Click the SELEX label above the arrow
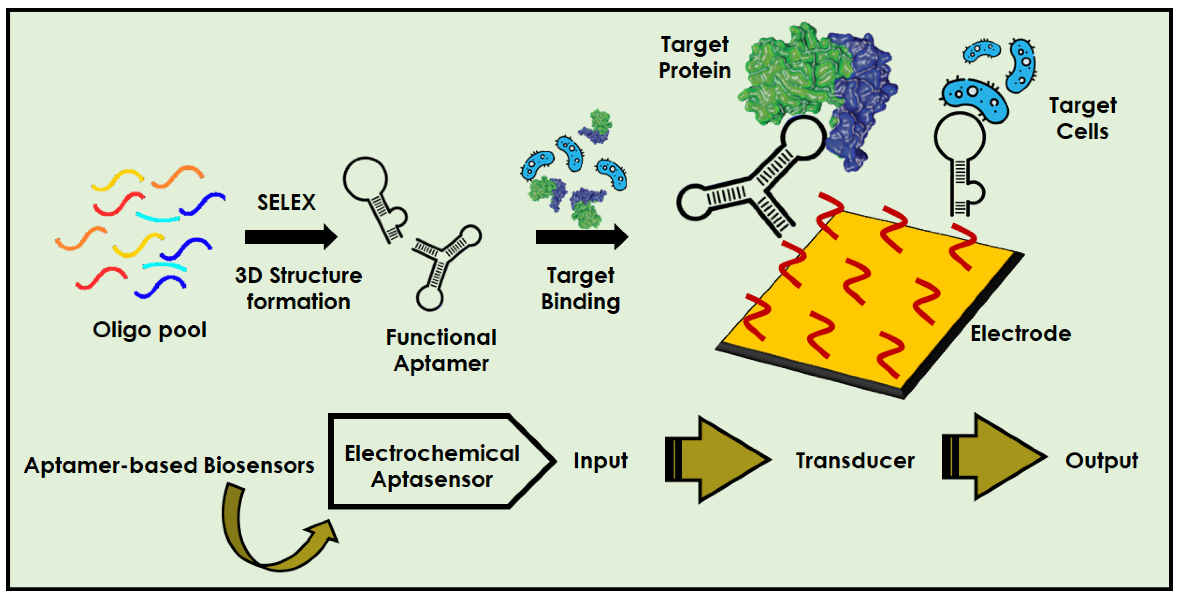pyautogui.click(x=286, y=202)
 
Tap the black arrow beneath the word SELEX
pyautogui.click(x=291, y=237)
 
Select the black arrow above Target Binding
pyautogui.click(x=581, y=237)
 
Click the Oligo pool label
pyautogui.click(x=150, y=330)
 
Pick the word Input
pyautogui.click(x=600, y=460)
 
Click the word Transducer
pyautogui.click(x=855, y=460)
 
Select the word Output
pyautogui.click(x=1101, y=460)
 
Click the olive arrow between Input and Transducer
pyautogui.click(x=716, y=460)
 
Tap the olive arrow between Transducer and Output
pyautogui.click(x=993, y=458)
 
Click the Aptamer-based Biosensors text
pyautogui.click(x=169, y=465)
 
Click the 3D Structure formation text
pyautogui.click(x=299, y=288)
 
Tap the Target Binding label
pyautogui.click(x=580, y=288)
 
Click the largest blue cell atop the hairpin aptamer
pyautogui.click(x=975, y=101)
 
